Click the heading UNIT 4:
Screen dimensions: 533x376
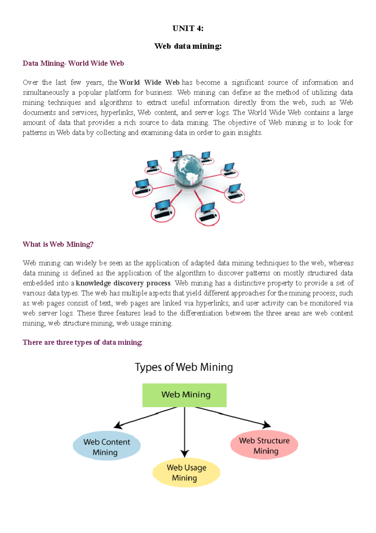point(188,29)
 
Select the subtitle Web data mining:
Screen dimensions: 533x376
point(188,46)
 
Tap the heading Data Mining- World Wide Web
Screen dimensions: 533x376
point(73,63)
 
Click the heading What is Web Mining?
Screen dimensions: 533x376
point(58,244)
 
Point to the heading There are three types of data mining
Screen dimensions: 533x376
point(82,342)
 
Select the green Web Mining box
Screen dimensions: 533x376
point(185,395)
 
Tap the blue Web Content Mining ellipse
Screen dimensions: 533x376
point(107,446)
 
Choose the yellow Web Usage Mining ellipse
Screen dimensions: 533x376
point(186,473)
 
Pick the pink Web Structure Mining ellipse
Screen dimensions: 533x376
point(264,445)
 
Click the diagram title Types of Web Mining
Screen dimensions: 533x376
point(184,367)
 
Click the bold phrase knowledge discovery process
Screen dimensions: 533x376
point(123,283)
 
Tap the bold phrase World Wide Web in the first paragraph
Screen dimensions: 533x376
point(149,83)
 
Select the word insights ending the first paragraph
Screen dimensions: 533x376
point(249,133)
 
